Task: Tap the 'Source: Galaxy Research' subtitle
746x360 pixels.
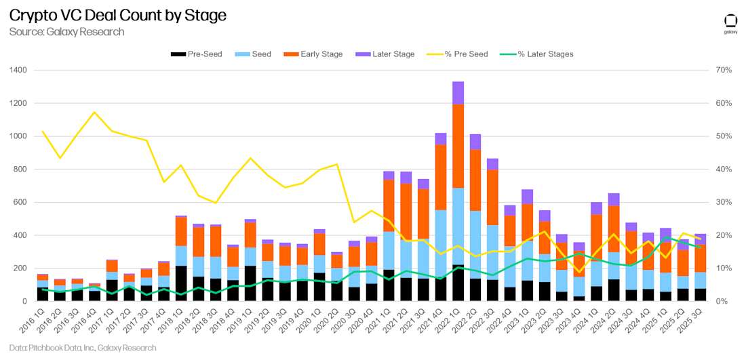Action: [66, 32]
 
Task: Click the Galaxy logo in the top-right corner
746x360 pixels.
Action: [730, 23]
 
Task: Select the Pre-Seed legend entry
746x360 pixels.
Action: [194, 54]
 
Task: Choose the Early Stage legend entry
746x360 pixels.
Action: [316, 54]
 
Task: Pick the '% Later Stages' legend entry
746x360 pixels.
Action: [536, 54]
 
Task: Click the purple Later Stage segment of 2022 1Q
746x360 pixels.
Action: [458, 93]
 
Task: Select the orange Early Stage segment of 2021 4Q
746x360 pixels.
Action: [441, 177]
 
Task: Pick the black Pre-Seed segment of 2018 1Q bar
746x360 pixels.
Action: [180, 283]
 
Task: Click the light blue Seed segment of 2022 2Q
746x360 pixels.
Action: [476, 245]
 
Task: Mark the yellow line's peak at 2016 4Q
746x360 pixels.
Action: [94, 112]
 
